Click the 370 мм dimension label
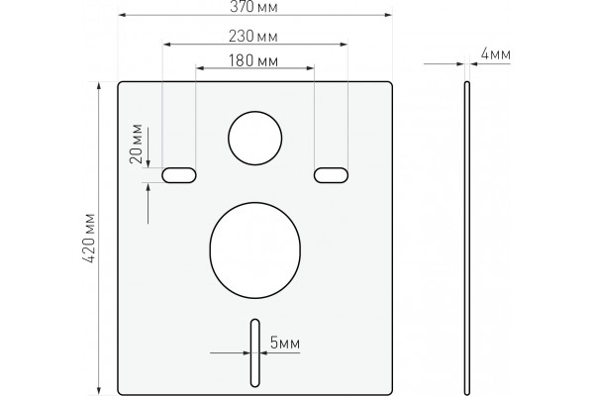pyautogui.click(x=253, y=7)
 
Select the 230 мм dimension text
pyautogui.click(x=253, y=37)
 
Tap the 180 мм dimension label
pyautogui.click(x=253, y=60)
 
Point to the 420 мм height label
pyautogui.click(x=90, y=239)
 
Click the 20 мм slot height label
pyautogui.click(x=136, y=144)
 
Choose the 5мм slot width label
pyautogui.click(x=285, y=343)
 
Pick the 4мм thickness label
pyautogui.click(x=496, y=54)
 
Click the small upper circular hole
pyautogui.click(x=255, y=112)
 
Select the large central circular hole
pyautogui.click(x=255, y=203)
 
